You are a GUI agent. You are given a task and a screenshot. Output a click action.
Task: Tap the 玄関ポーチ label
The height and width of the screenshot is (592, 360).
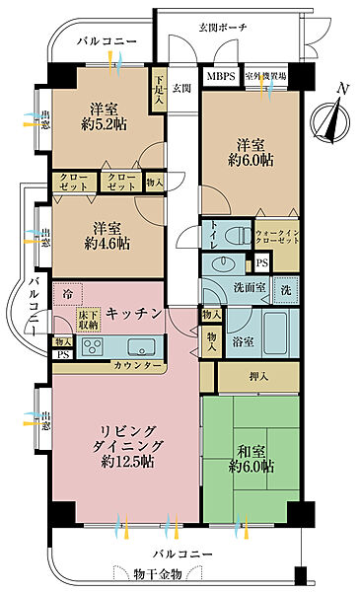pyautogui.click(x=223, y=27)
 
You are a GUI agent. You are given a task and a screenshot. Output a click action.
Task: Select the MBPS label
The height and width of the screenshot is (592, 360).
pyautogui.click(x=220, y=75)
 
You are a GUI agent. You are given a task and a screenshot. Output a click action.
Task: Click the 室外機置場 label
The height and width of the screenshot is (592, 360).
pyautogui.click(x=266, y=75)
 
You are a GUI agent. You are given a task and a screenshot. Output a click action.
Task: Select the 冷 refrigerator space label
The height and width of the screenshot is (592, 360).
pyautogui.click(x=67, y=294)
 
